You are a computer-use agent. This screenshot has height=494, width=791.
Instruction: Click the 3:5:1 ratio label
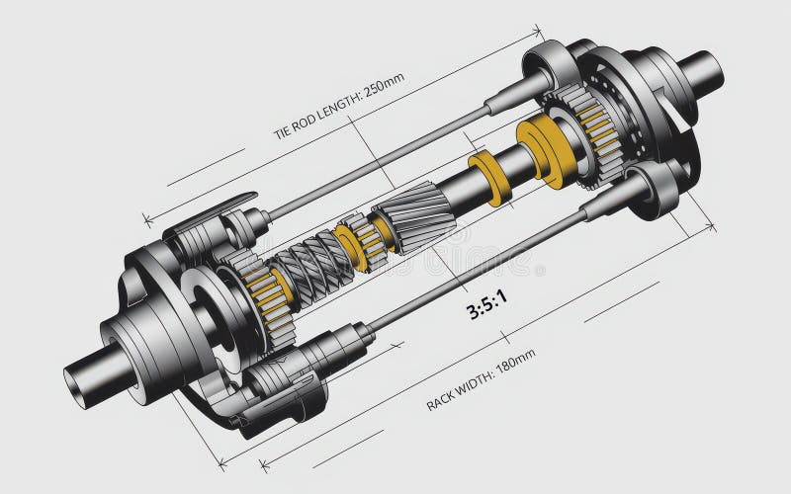(486, 309)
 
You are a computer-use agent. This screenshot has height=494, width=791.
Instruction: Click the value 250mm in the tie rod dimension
(385, 89)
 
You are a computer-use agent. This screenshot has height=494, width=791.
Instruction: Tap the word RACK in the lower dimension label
(442, 399)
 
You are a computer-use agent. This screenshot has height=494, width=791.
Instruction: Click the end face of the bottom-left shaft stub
(77, 380)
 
